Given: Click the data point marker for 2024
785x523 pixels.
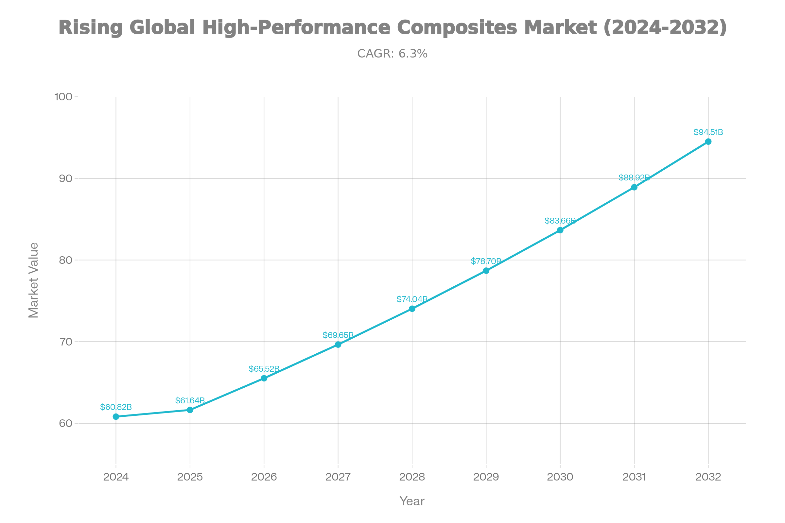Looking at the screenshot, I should pos(116,416).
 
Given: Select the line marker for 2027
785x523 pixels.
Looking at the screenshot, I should pos(338,345).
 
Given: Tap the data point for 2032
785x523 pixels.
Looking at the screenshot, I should pos(708,142).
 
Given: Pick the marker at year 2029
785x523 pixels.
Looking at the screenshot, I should pos(486,271).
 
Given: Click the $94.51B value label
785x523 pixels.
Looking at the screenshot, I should pos(708,132).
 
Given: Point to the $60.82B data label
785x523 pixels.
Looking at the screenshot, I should pos(116,407).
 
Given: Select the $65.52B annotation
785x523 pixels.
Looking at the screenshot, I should pos(264,369).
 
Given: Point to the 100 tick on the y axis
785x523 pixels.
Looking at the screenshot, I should pos(63,97).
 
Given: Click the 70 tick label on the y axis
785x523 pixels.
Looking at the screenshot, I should pos(65,342).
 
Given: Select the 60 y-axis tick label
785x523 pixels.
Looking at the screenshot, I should pos(65,423).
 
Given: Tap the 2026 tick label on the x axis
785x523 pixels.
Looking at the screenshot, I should pos(264,477).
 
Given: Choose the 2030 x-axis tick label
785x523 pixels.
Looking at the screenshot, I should pos(560,477).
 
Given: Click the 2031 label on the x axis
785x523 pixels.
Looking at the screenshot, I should pos(634,477).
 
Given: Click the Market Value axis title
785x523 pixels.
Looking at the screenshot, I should pos(33,280).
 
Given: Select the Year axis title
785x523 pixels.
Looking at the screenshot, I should pos(412,501).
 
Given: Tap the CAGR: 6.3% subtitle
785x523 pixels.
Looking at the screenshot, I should pos(392,54).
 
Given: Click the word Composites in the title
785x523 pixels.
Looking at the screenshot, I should pos(457,27).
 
